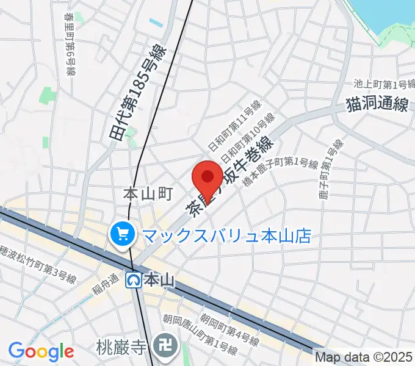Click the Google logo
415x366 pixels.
(41, 351)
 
